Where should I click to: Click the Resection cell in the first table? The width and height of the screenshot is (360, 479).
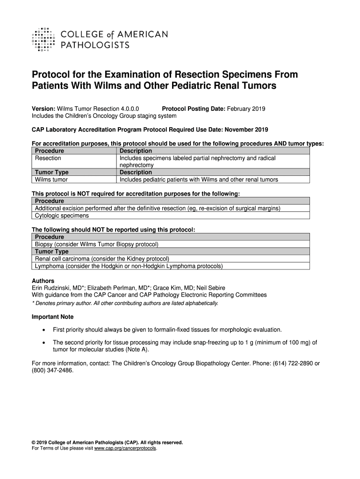pyautogui.click(x=48, y=158)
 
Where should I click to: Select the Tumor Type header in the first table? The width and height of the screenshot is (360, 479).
pyautogui.click(x=52, y=172)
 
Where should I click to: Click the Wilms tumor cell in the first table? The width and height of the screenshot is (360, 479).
pyautogui.click(x=51, y=180)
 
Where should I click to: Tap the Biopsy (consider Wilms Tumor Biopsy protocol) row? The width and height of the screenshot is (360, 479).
pyautogui.click(x=97, y=244)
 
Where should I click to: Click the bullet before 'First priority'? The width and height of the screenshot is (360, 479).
pyautogui.click(x=43, y=330)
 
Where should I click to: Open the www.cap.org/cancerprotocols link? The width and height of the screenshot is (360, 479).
pyautogui.click(x=126, y=448)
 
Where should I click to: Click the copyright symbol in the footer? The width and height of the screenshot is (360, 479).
pyautogui.click(x=34, y=442)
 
